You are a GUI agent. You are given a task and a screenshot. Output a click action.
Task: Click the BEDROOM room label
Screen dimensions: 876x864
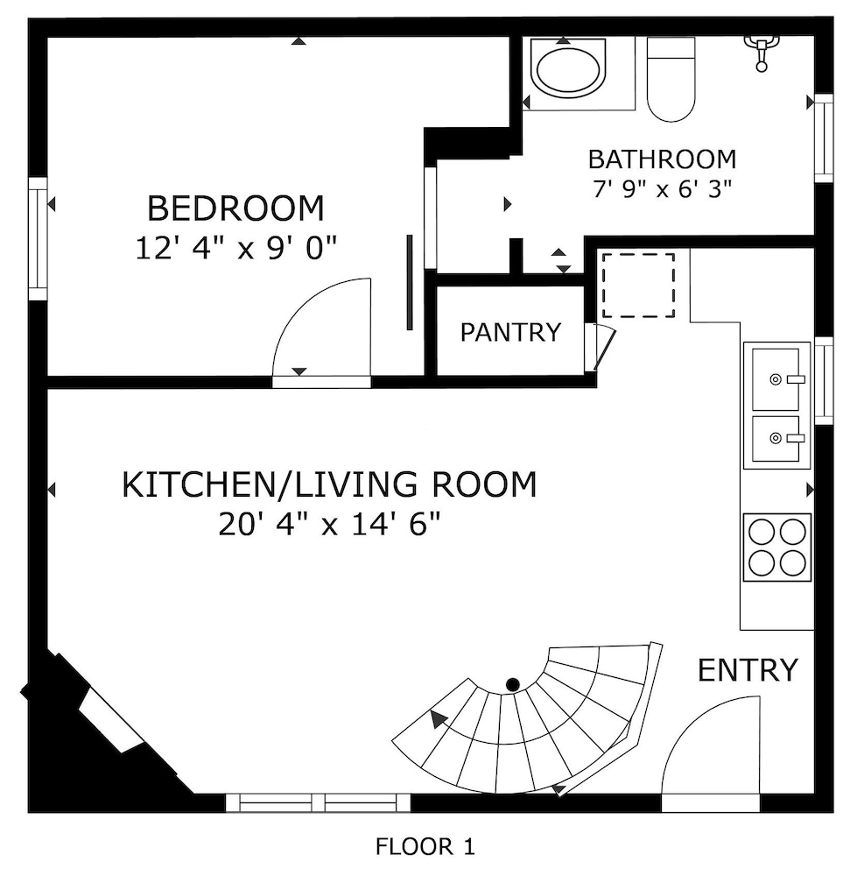[x=235, y=209]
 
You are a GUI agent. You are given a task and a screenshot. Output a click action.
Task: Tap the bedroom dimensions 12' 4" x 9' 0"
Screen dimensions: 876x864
[x=236, y=249]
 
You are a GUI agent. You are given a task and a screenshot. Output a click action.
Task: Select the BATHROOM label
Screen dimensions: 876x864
[x=662, y=159]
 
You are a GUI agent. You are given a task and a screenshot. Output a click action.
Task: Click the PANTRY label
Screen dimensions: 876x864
[x=510, y=332]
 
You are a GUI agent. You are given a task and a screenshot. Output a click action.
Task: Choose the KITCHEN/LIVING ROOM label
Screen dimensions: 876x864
[x=328, y=484]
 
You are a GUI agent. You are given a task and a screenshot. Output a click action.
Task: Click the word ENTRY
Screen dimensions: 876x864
[x=748, y=670]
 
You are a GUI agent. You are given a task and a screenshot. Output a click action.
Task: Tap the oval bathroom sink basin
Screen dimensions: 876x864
[x=569, y=71]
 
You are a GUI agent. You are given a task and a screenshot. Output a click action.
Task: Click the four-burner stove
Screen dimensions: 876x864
[x=777, y=547]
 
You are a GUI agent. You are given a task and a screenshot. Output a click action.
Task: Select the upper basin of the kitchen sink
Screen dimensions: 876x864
[x=776, y=378]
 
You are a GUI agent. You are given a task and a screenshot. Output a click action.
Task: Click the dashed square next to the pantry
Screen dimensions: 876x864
[x=637, y=285]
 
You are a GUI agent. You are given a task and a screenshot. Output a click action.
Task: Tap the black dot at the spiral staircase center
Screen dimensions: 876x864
[x=514, y=683]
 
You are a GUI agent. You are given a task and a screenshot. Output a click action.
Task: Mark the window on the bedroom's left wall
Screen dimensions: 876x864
[x=38, y=238]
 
